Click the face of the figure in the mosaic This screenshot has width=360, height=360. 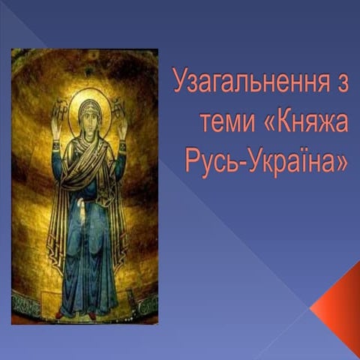pos(88,117)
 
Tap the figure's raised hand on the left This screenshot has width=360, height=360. pos(55,117)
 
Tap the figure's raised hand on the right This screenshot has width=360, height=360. pos(121,115)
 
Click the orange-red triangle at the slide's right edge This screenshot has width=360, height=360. pos(341,307)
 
